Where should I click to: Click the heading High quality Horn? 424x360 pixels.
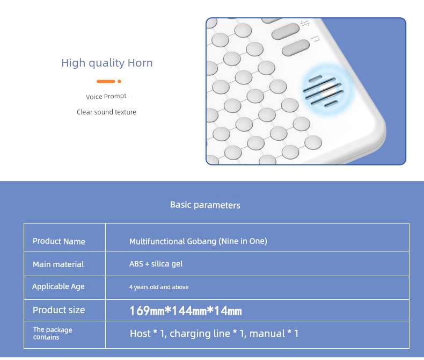107,63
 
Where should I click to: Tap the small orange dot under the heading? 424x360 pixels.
119,81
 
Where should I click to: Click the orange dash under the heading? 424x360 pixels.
106,81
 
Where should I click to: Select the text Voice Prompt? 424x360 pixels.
106,96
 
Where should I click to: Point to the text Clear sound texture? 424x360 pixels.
106,112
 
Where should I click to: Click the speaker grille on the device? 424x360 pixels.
323,91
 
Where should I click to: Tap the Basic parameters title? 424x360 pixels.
205,205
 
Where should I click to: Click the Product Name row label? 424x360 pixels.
59,241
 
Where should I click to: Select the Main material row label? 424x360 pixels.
59,264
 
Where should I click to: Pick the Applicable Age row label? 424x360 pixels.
59,286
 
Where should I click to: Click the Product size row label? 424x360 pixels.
59,309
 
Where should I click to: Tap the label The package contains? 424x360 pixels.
53,333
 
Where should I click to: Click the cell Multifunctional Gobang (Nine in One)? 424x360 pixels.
198,241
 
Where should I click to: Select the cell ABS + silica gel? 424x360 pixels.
156,264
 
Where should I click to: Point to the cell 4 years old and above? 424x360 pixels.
159,287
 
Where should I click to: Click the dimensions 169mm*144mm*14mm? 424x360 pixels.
186,311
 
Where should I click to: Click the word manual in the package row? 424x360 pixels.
267,334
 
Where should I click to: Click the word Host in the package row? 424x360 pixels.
140,334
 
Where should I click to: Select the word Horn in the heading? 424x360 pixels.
140,63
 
